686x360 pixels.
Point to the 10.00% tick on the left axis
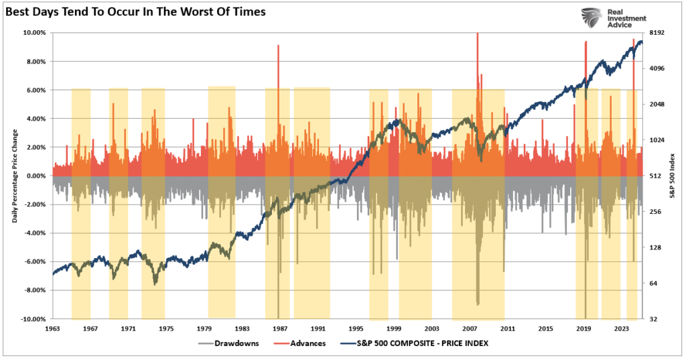click(x=34, y=32)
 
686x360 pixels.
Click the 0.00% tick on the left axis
click(x=36, y=176)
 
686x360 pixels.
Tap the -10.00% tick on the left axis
click(x=33, y=319)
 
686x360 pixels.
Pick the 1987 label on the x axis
click(x=280, y=329)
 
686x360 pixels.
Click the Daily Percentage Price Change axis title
click(x=15, y=176)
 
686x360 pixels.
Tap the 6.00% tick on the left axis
click(x=36, y=90)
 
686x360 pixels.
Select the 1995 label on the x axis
click(x=356, y=329)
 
